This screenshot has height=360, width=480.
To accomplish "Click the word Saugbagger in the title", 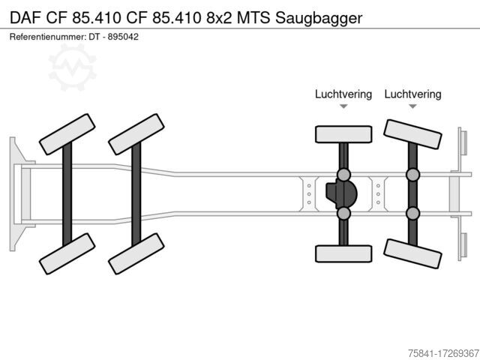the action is pos(319,18).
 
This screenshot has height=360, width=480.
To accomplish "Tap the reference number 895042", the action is pos(123,37).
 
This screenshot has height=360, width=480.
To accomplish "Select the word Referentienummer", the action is pos(48,37).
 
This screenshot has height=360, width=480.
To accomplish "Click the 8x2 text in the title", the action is pos(219,18).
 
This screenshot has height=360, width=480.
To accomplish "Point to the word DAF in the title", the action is pos(25,18).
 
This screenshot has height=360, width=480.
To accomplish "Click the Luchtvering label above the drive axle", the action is pos(343,94).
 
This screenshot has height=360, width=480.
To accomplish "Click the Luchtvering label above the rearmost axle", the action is pos(412,94).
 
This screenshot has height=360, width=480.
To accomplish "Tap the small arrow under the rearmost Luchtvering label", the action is pos(412,106).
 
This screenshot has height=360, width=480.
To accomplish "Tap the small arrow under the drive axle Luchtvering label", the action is pos(343,106).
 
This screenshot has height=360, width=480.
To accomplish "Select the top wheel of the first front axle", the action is pos(67,134).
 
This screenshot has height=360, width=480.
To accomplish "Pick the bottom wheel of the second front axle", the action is pos(136,253).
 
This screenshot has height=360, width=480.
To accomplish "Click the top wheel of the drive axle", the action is pos(343,134).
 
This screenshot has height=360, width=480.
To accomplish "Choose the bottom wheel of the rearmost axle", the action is pos(412,253).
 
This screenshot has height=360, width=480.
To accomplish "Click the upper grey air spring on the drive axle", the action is pos(343,175).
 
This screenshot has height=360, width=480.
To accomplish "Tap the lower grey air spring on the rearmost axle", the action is pos(412,213).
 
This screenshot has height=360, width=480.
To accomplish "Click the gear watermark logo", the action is pos(72,67).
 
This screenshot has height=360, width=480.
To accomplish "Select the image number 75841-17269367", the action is pos(443,353).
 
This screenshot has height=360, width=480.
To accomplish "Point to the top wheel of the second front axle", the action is pos(136,134).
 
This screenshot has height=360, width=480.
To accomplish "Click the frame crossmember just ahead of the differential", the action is pos(309,194).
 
